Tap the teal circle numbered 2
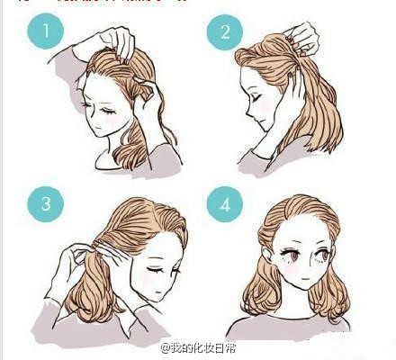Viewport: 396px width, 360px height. [220, 34]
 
